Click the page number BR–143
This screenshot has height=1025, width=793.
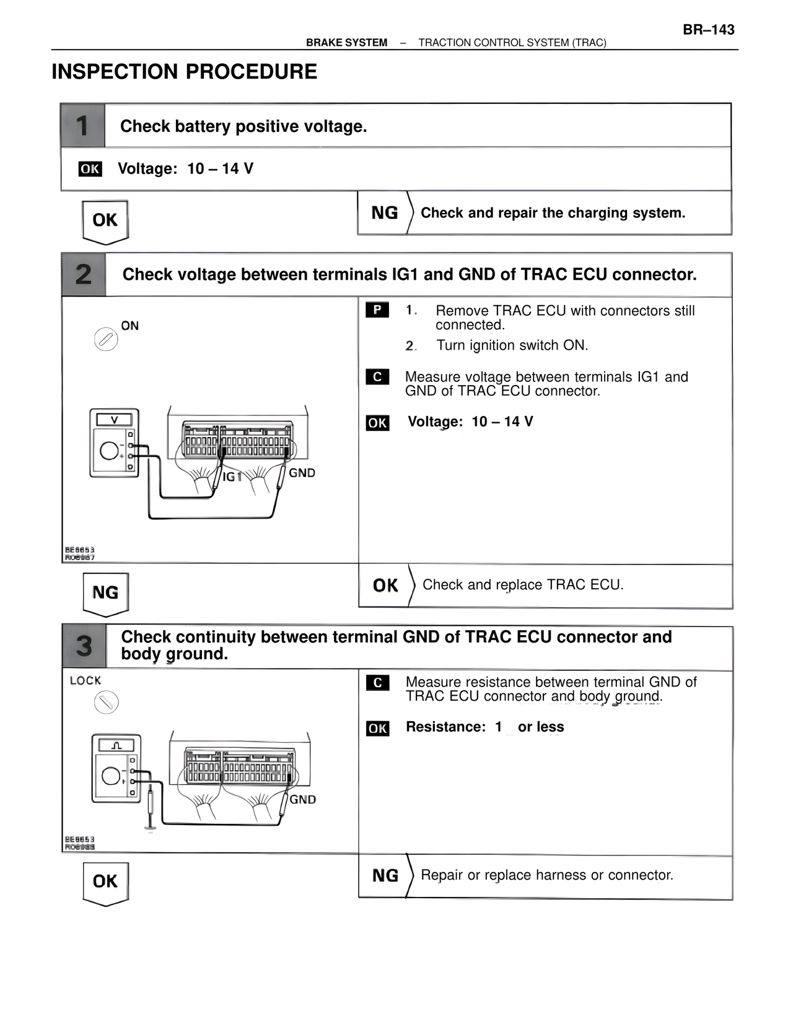click(x=708, y=30)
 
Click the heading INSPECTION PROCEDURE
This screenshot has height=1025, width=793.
click(x=184, y=72)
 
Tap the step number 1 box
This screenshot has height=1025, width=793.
click(x=82, y=126)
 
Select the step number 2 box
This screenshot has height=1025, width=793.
click(x=84, y=274)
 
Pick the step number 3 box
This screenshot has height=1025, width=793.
click(x=84, y=646)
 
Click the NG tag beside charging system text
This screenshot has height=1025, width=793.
click(x=384, y=213)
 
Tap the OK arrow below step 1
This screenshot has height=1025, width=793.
click(x=105, y=221)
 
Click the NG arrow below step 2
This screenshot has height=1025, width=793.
click(x=105, y=594)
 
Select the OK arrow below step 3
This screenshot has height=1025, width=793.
click(x=105, y=883)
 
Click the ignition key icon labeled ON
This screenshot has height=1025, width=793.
click(x=106, y=339)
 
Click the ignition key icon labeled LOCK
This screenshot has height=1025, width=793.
click(x=106, y=703)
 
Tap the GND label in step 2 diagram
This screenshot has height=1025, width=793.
click(x=302, y=473)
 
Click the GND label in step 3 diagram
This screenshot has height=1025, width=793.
click(x=302, y=800)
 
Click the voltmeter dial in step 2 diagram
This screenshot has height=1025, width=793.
click(x=109, y=451)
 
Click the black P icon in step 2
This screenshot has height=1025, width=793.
click(x=377, y=309)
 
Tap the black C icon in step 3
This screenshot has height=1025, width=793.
click(x=377, y=683)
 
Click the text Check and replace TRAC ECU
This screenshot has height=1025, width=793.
click(x=522, y=585)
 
